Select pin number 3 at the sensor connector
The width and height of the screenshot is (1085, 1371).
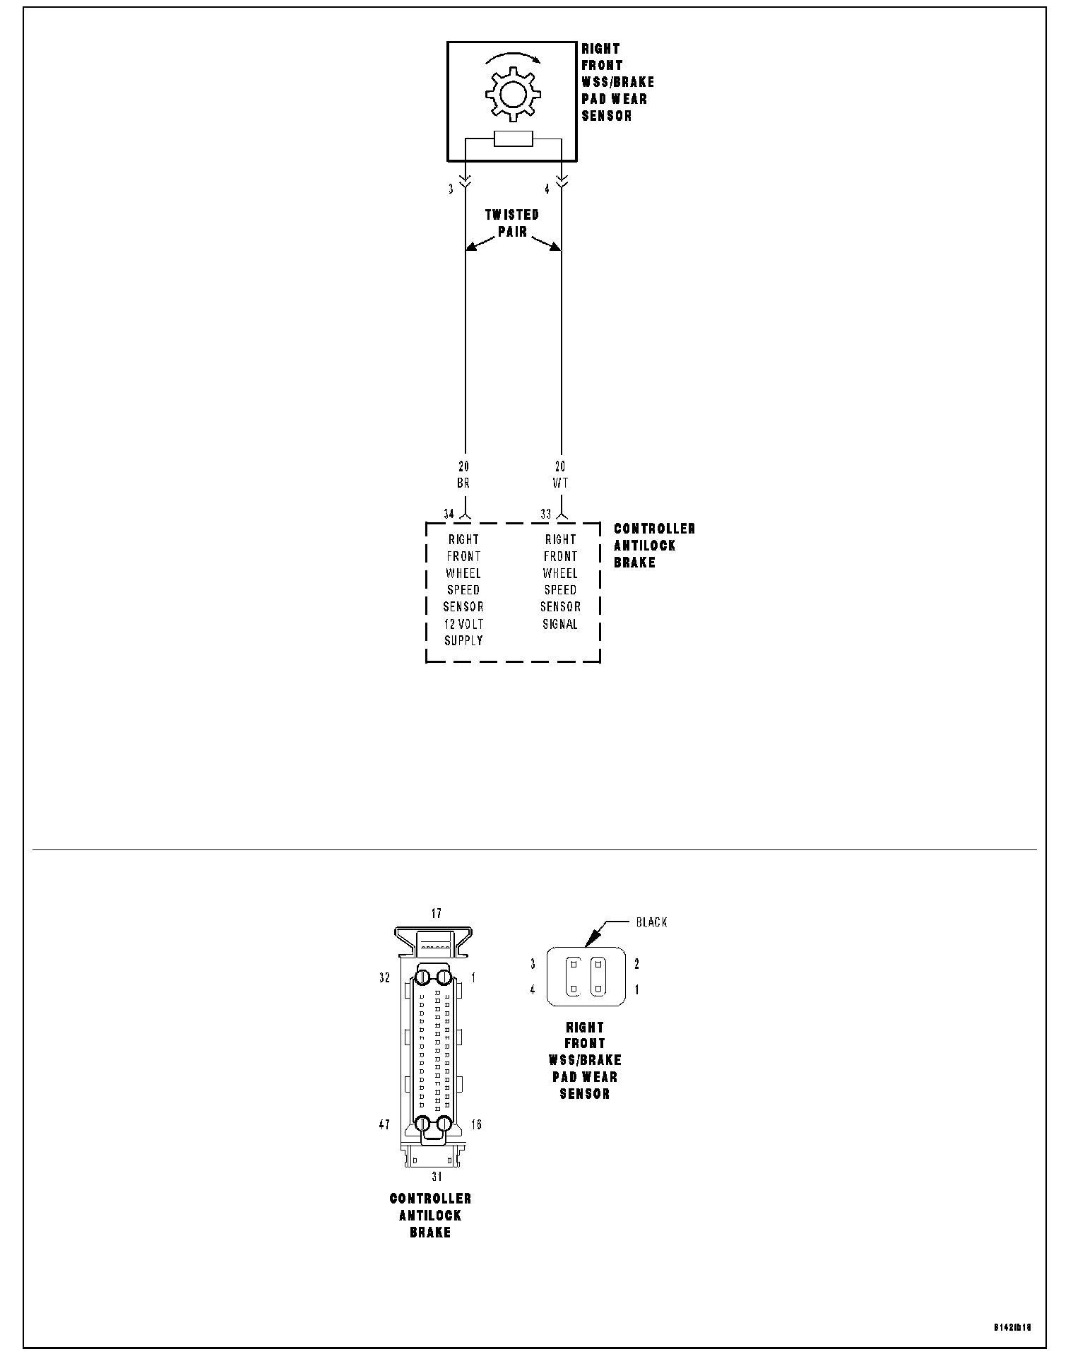tap(451, 189)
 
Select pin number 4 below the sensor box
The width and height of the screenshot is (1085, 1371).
tap(547, 189)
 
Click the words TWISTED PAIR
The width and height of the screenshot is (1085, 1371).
tap(512, 223)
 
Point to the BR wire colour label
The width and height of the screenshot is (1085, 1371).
tap(463, 483)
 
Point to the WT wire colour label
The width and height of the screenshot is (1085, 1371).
tap(560, 483)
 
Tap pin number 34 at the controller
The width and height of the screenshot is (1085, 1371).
tap(449, 514)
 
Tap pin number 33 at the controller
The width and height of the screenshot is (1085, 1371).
tap(545, 514)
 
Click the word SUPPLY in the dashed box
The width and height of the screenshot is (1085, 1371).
tap(463, 640)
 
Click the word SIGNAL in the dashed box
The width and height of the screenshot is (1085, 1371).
tap(560, 624)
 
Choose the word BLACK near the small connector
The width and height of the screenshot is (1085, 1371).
tap(651, 922)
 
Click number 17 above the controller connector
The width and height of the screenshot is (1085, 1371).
tap(436, 914)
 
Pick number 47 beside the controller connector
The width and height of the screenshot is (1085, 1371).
tap(384, 1124)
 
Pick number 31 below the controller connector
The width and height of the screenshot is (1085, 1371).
tap(437, 1177)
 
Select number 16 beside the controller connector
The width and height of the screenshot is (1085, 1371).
tap(477, 1124)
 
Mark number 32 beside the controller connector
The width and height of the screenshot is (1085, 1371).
tap(384, 978)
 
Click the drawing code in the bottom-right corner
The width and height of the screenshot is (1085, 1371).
tap(1013, 1327)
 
